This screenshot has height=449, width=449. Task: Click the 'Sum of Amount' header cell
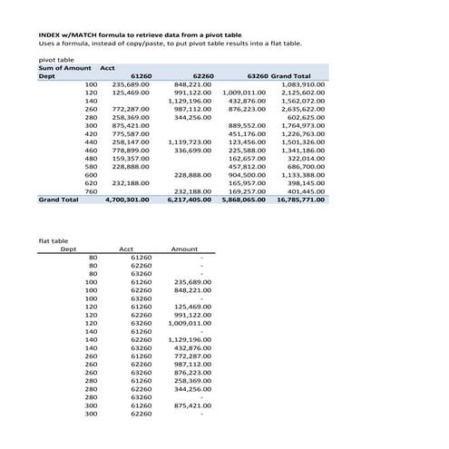pos(65,67)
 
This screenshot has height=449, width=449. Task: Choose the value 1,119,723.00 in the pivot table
pos(190,142)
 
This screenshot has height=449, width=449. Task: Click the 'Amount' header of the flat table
pos(184,249)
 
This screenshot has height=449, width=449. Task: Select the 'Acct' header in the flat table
pos(127,249)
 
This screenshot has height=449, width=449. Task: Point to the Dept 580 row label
pos(91,166)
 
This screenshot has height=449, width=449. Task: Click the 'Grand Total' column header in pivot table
pos(291,75)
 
